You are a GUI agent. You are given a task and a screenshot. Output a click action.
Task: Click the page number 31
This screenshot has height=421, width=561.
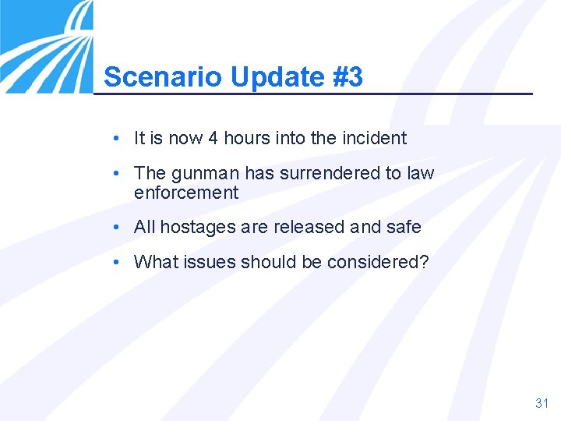tap(542, 403)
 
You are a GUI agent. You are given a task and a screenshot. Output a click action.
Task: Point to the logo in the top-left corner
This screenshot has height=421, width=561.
tap(45, 45)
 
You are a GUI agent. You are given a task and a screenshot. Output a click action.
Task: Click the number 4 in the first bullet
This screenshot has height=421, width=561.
tap(213, 139)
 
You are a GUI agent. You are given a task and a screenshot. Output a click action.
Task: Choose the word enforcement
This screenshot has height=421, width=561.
tap(186, 193)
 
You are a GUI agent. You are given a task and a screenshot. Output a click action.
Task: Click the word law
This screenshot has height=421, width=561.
tap(421, 173)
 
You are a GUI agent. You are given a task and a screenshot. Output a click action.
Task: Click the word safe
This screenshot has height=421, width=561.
tap(404, 227)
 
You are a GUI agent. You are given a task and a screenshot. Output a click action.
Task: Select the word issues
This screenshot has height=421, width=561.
tap(210, 262)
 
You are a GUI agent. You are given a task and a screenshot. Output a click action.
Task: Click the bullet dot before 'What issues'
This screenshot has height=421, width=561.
tap(115, 262)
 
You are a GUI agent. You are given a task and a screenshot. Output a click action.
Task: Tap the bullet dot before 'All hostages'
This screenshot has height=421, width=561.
tap(115, 227)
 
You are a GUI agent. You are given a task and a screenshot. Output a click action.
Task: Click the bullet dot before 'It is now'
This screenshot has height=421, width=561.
tap(115, 139)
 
